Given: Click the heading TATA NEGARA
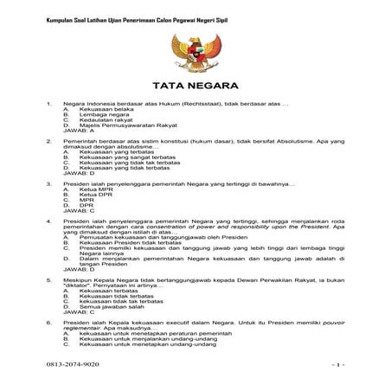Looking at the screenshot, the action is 195,87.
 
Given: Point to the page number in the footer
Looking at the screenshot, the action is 339,366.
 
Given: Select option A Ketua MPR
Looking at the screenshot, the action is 94,189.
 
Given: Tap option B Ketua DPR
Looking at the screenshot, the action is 94,195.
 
